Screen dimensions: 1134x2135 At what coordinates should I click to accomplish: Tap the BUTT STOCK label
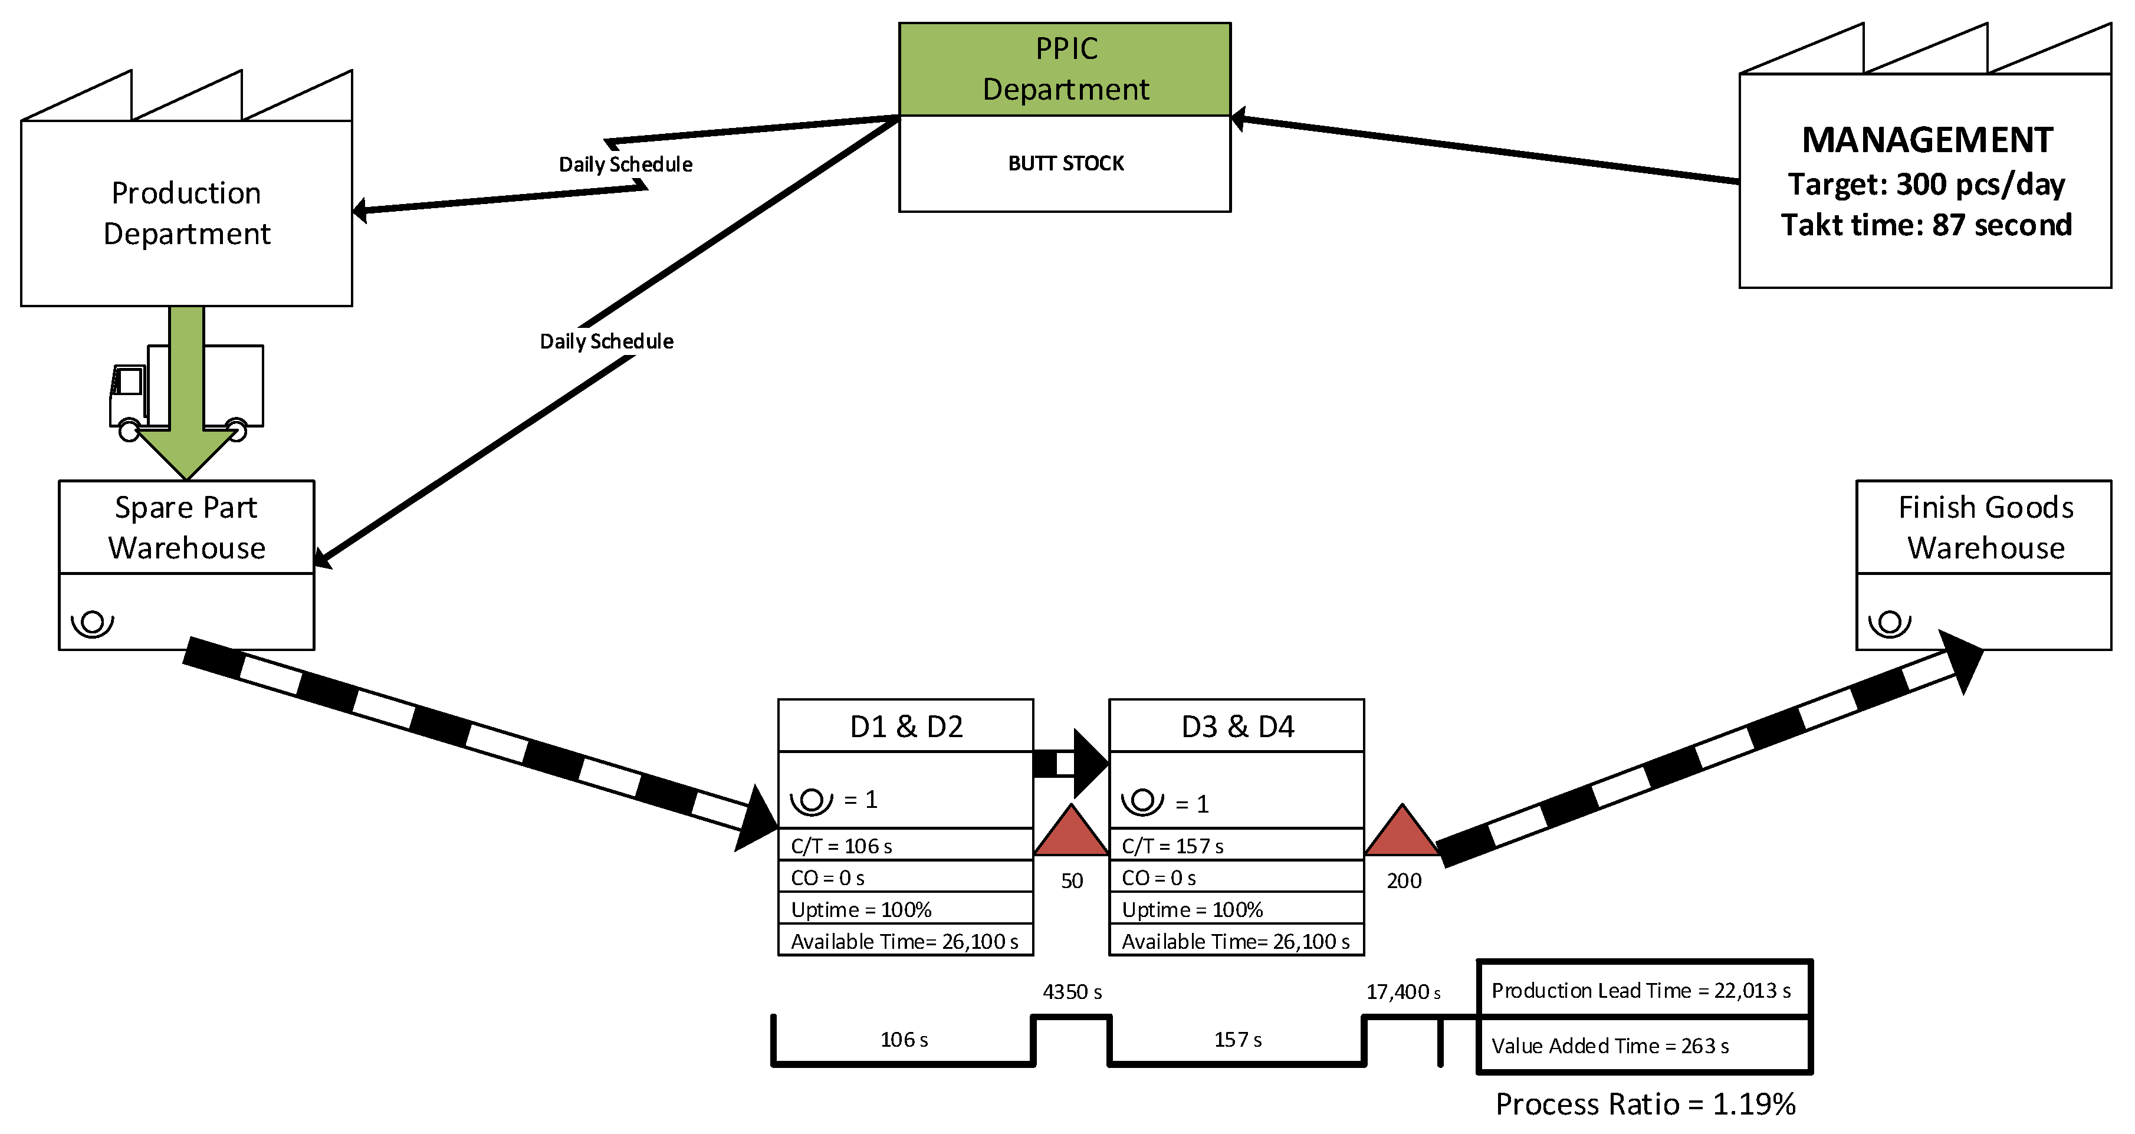[1066, 163]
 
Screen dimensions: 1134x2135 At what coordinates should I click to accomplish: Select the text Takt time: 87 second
[1926, 225]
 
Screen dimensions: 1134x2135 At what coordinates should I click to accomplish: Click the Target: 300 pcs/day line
[1926, 184]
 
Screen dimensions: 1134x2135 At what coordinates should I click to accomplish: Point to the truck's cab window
[129, 382]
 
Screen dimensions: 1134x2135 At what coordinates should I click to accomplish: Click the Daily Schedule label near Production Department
[626, 164]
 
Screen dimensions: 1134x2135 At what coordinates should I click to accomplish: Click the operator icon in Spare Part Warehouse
[92, 623]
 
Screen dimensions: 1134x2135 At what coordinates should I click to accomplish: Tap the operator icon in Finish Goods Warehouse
[1889, 623]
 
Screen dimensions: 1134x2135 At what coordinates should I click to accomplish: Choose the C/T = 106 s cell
[905, 846]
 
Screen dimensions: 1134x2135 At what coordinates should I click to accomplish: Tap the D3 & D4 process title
[1237, 726]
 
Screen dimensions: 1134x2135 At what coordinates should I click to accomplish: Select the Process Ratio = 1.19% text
[1645, 1103]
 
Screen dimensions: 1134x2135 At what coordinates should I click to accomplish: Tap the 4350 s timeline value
[1072, 991]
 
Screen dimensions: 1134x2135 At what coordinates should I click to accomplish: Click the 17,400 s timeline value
[1402, 991]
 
